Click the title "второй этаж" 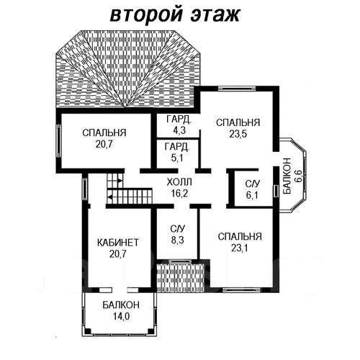click(x=175, y=15)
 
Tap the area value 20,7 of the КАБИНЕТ click(x=118, y=254)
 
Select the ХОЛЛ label click(x=179, y=182)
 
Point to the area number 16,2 click(x=179, y=193)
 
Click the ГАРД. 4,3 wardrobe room click(x=178, y=125)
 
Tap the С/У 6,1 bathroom click(x=253, y=189)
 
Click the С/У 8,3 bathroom click(x=178, y=234)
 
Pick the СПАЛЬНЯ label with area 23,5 click(x=238, y=122)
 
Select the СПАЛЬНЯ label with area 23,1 click(x=240, y=237)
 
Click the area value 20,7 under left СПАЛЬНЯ click(x=104, y=144)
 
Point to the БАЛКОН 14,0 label click(x=121, y=310)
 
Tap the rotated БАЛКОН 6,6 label click(x=292, y=176)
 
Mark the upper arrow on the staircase click(x=120, y=180)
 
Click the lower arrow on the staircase click(x=109, y=197)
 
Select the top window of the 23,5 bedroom click(x=237, y=89)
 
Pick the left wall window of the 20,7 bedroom click(x=58, y=140)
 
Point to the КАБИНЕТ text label click(x=118, y=243)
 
